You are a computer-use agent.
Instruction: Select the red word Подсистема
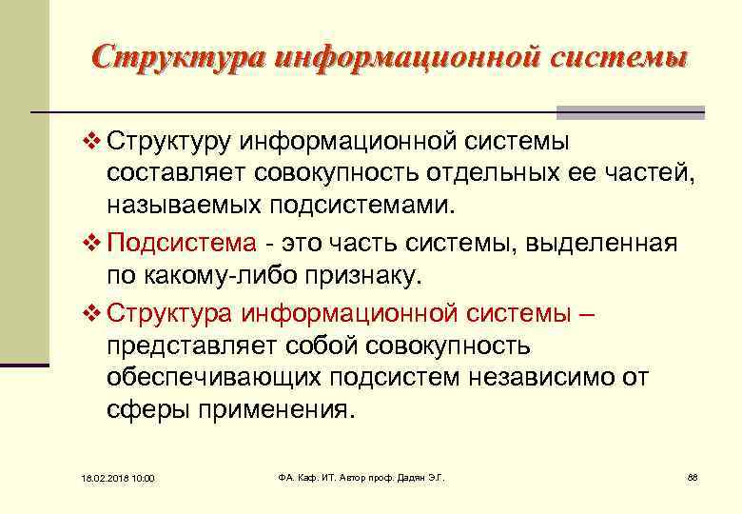coord(182,243)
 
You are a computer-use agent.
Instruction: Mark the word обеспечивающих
coord(214,378)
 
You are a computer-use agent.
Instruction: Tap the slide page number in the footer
coord(692,476)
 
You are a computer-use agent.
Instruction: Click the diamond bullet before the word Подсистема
coord(91,243)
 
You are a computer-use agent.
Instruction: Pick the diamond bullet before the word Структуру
coord(91,143)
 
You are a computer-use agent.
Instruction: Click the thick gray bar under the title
coord(630,110)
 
